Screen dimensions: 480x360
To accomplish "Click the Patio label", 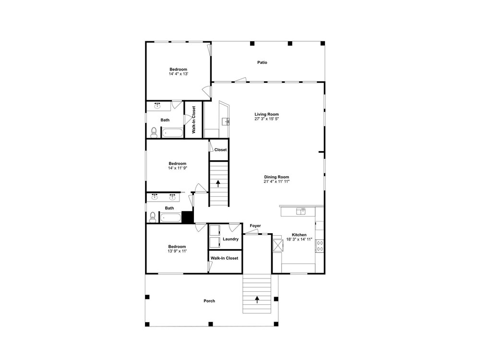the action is (x=262, y=62).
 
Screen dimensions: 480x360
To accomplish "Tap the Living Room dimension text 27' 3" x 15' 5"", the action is (x=266, y=119).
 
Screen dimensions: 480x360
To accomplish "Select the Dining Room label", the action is (x=276, y=177).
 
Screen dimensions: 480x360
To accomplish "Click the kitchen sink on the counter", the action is (x=301, y=211).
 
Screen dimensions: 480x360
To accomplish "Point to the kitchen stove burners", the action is (x=320, y=246).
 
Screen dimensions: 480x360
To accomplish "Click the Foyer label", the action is (x=255, y=226).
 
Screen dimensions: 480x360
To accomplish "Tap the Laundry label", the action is (x=230, y=239).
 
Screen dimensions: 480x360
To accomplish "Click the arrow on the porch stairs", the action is (x=257, y=300).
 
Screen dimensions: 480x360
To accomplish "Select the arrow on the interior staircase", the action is (x=218, y=183).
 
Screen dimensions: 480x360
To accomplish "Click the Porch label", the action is (x=209, y=301).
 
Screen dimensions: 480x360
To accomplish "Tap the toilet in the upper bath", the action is (x=154, y=132).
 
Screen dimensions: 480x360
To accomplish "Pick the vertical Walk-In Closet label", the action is (x=193, y=120).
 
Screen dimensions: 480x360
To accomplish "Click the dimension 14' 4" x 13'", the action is (x=178, y=74).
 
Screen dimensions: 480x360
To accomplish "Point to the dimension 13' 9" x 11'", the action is (x=177, y=251).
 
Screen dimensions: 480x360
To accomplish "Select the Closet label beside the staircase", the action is (x=220, y=150).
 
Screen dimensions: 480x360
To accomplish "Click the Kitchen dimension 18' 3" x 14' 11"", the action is (x=299, y=240).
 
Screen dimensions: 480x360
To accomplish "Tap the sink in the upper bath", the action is (x=157, y=106).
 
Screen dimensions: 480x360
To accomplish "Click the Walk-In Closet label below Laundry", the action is (x=224, y=258).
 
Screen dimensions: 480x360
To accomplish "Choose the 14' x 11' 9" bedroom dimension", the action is (x=178, y=168).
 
